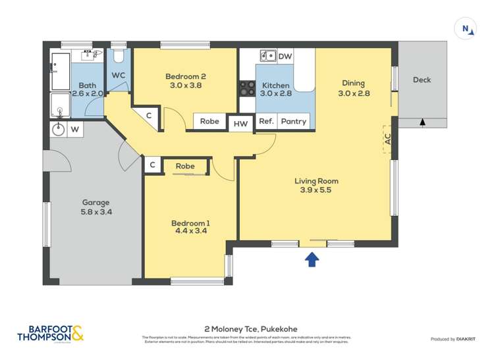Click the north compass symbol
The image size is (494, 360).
(x=466, y=28)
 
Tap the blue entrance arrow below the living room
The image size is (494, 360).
(x=312, y=260)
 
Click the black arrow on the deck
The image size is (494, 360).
(x=422, y=122)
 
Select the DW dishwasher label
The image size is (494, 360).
(x=285, y=57)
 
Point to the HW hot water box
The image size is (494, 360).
(x=241, y=123)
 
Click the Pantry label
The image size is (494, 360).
(x=293, y=121)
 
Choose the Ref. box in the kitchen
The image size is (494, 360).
(x=266, y=121)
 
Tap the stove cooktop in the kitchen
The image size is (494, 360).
(x=248, y=88)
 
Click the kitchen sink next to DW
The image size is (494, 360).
(x=267, y=55)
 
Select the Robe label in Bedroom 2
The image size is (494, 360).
(x=209, y=121)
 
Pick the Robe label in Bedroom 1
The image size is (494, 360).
(x=185, y=167)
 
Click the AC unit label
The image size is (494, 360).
(x=388, y=139)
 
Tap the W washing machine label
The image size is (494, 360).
(x=74, y=130)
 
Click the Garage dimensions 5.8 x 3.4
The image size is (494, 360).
(x=96, y=213)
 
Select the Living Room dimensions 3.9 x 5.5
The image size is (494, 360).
(x=316, y=191)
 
